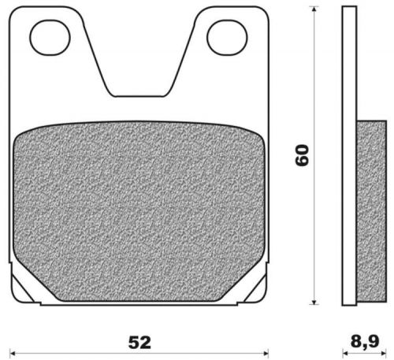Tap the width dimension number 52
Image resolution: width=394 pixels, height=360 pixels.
click(139, 343)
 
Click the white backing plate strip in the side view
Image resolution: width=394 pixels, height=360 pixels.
click(350, 158)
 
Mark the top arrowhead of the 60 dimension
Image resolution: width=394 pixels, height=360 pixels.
click(314, 13)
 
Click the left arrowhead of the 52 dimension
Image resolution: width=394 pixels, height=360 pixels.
click(15, 352)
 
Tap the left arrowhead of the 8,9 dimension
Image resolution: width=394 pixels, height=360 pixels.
click(344, 352)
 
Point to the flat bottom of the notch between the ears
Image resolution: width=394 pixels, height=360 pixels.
click(139, 96)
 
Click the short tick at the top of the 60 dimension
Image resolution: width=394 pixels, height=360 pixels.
click(314, 7)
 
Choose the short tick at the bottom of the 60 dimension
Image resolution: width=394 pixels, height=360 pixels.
click(314, 305)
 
